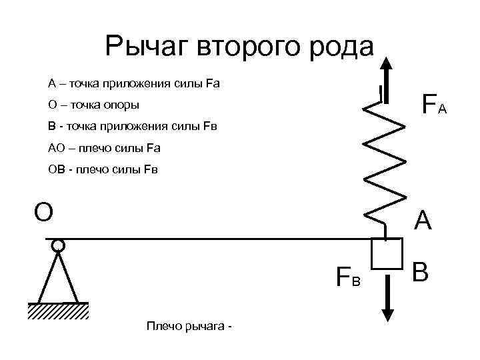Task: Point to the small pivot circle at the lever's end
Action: click(x=59, y=245)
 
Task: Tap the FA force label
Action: click(x=434, y=105)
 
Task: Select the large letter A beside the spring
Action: click(x=423, y=221)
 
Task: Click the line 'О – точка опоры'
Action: click(x=94, y=105)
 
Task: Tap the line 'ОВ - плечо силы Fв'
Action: click(x=104, y=169)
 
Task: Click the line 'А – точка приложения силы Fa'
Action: click(x=134, y=84)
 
